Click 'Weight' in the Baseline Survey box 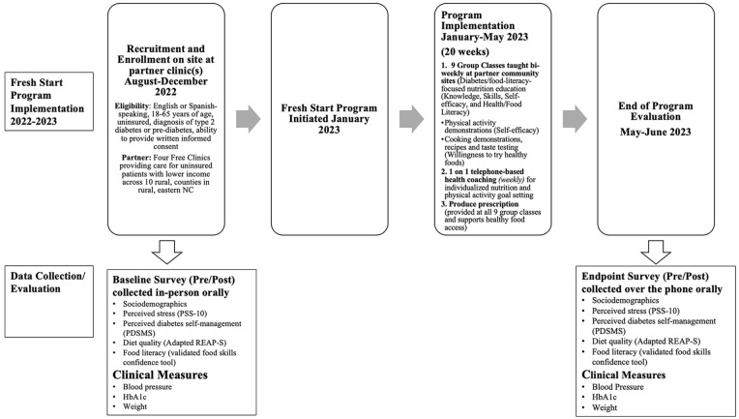[x=141, y=407]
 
